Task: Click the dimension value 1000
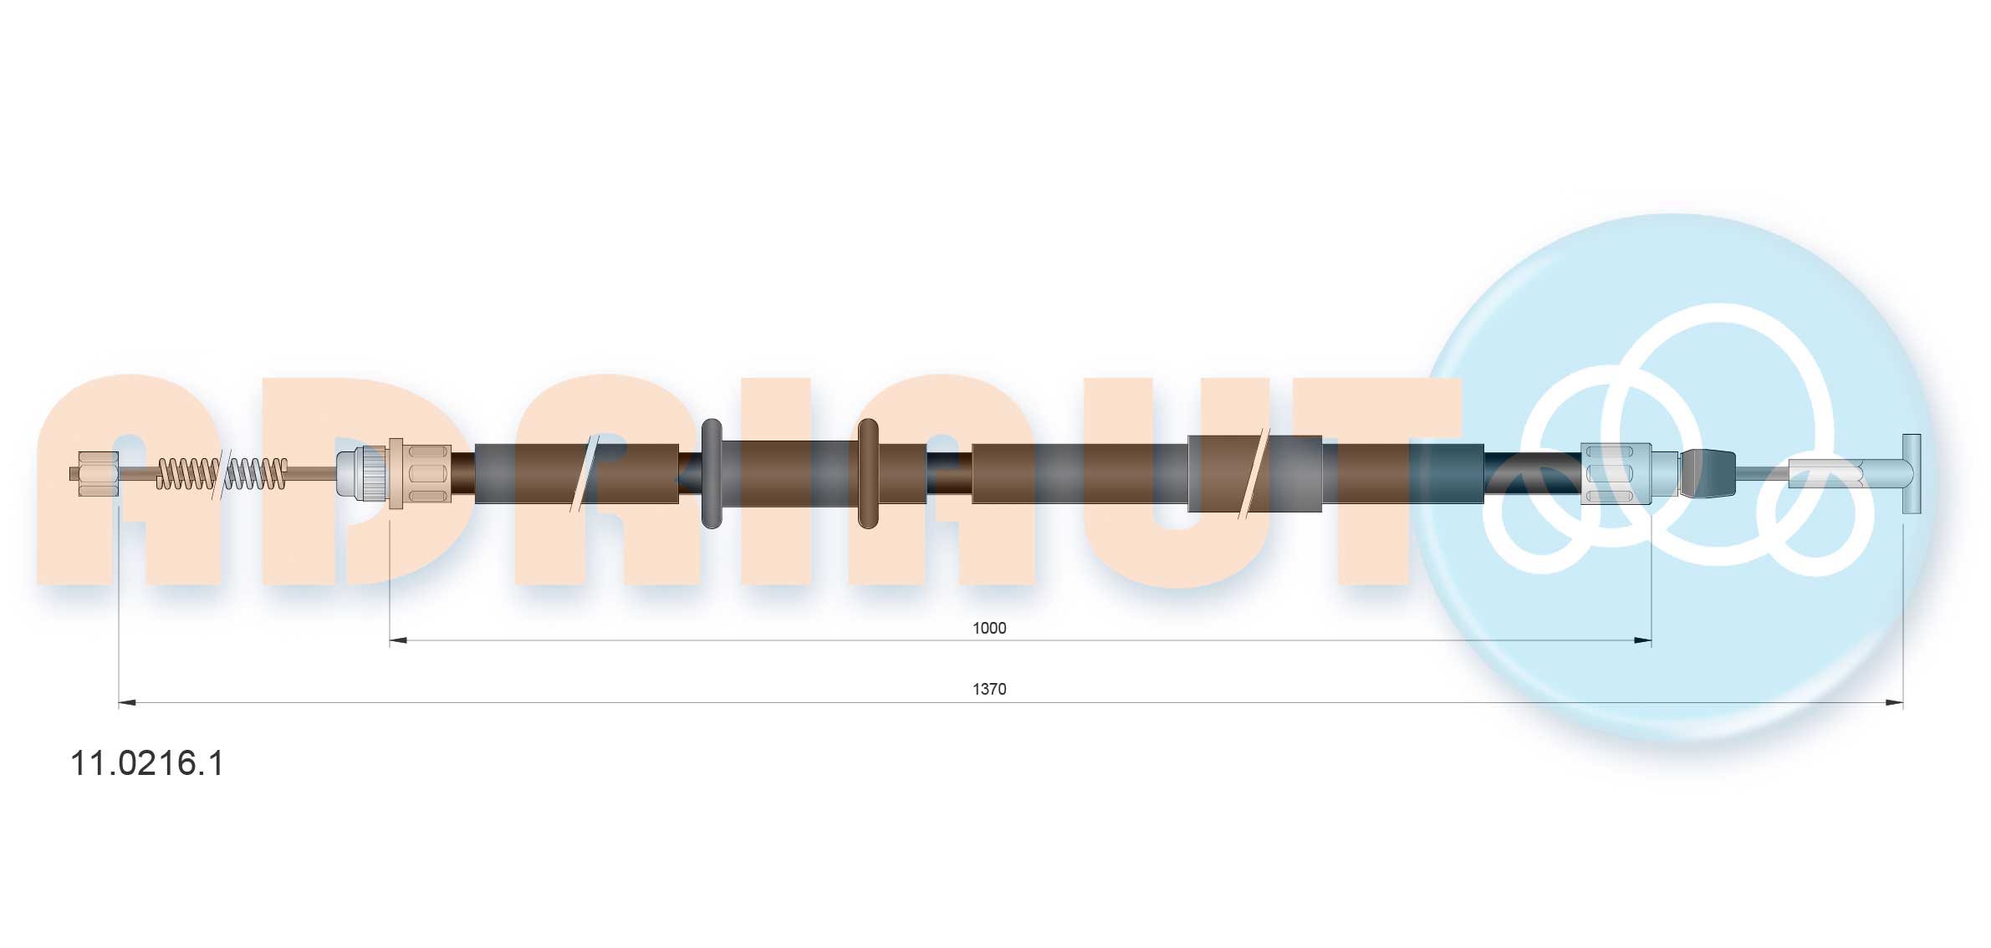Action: (x=988, y=628)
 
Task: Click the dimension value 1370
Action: (x=988, y=689)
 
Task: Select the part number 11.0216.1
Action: (x=147, y=763)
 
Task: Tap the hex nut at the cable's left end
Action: (x=97, y=473)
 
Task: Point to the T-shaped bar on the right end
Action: (x=1911, y=473)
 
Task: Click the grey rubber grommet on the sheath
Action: (x=711, y=473)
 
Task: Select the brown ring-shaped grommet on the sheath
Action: (x=868, y=473)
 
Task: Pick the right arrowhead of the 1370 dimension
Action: (x=1894, y=703)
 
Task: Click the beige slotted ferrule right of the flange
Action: (x=427, y=473)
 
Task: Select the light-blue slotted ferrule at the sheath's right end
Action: (x=1616, y=474)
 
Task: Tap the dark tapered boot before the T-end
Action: (x=1708, y=473)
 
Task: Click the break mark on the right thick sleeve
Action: (x=1253, y=473)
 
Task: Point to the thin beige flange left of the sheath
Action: (x=396, y=473)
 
